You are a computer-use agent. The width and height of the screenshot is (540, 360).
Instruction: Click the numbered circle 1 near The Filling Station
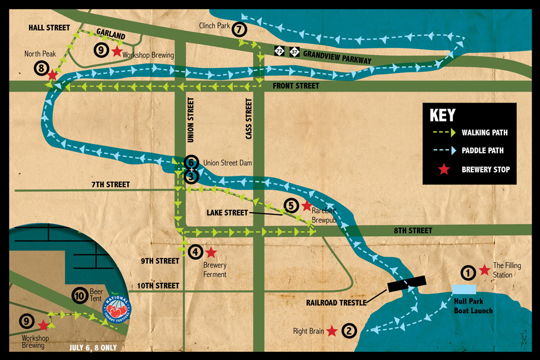468,272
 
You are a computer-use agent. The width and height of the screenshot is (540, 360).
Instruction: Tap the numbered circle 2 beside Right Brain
349,331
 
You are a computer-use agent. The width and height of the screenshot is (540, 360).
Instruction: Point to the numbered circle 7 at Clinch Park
239,30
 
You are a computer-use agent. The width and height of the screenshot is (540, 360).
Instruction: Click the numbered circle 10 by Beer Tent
80,295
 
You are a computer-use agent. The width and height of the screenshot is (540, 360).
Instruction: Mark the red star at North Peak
52,75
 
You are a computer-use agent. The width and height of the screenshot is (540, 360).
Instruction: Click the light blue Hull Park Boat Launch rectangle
464,289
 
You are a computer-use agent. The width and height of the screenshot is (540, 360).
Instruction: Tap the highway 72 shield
279,51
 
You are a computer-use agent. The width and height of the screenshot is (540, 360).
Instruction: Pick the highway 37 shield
294,51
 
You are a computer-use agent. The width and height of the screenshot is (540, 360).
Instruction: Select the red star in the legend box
443,169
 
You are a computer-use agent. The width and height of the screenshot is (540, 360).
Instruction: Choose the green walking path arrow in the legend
443,133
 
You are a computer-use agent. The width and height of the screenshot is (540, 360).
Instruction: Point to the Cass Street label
249,119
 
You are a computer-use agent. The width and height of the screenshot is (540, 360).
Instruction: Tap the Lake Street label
227,213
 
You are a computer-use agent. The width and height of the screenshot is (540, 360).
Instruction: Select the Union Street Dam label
227,162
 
